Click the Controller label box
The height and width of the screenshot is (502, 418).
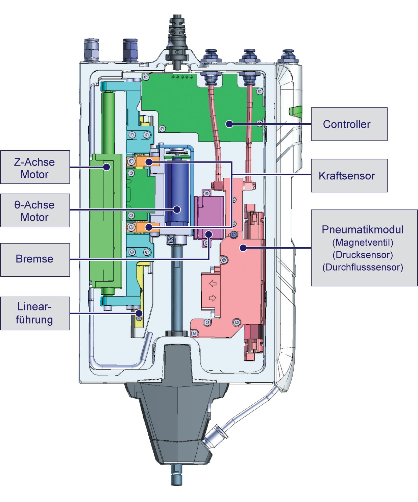tap(349, 124)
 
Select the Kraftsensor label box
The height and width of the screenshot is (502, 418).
tap(349, 176)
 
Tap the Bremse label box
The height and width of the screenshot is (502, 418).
tap(35, 259)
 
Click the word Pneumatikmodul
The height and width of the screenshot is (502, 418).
tap(363, 230)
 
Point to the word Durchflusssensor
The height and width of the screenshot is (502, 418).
tap(363, 268)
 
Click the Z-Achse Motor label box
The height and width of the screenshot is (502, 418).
tap(35, 168)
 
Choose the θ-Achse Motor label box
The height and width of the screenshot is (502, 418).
tap(35, 211)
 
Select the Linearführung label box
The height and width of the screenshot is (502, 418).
tap(35, 313)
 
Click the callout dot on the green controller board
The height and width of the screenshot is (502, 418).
tap(229, 124)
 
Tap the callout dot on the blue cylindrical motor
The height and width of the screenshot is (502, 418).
tap(177, 210)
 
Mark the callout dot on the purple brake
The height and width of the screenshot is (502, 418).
tap(209, 234)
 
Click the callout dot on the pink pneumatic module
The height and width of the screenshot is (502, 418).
tap(243, 248)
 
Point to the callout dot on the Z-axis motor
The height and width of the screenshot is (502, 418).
tap(107, 167)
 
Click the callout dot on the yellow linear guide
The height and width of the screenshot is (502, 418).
tap(139, 313)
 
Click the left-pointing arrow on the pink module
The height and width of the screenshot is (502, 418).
tap(213, 283)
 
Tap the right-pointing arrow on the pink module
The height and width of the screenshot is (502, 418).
tap(213, 298)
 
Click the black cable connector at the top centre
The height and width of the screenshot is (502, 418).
tap(177, 37)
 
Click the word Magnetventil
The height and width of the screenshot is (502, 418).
tap(363, 243)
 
